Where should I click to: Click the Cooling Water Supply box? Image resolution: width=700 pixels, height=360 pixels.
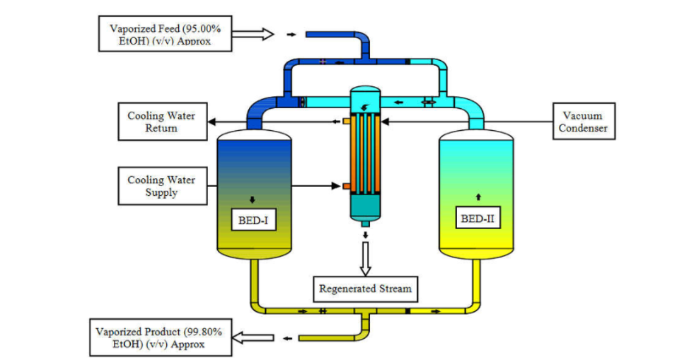162,186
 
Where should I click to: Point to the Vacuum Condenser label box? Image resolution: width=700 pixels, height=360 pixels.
584,121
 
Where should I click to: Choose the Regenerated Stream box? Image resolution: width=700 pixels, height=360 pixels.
365,288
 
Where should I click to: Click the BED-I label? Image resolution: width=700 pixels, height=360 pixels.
254,220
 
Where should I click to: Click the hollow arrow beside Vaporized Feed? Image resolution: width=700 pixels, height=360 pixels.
257,34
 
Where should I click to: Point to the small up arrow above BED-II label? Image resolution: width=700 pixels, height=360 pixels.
479,196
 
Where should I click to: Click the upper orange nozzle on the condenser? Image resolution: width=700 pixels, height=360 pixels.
346,121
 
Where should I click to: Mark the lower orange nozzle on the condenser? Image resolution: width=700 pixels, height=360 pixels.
346,187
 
